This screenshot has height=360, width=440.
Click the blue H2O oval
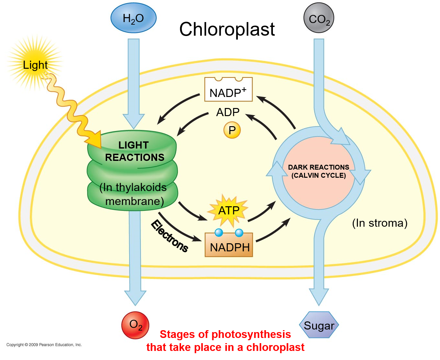click(133, 18)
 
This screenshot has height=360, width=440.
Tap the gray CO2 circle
click(319, 18)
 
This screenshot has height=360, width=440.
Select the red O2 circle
click(135, 325)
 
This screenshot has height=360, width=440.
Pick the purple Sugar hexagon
click(319, 325)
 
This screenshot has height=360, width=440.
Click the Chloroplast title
click(227, 29)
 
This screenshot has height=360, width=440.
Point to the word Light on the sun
click(35, 65)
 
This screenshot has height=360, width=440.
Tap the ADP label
click(228, 112)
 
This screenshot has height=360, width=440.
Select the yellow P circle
click(232, 130)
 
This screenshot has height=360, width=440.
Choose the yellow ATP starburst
click(229, 210)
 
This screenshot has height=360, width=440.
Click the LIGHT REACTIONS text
click(134, 151)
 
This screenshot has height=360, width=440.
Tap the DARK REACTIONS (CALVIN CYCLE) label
click(319, 171)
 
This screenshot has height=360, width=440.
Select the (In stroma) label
click(380, 223)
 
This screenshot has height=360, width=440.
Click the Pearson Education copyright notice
click(44, 345)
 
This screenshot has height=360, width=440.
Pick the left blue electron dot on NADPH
click(219, 232)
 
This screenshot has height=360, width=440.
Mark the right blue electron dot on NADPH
click(239, 233)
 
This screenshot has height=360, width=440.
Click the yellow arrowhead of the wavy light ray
click(94, 139)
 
